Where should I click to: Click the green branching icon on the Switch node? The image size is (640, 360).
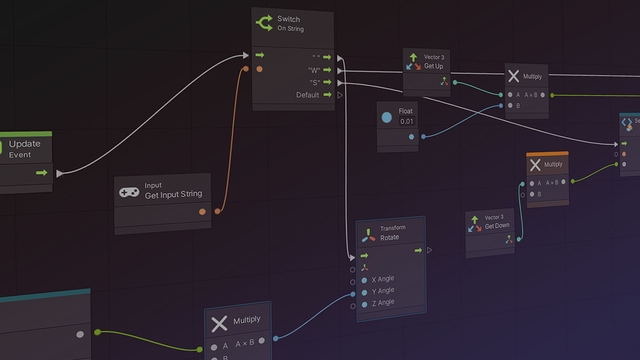point(264,22)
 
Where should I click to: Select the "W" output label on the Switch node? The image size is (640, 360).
point(314,70)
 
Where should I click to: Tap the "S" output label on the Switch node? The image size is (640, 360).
point(314,82)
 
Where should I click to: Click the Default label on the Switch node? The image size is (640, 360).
point(308,95)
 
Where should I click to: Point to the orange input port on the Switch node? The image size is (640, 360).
point(260,69)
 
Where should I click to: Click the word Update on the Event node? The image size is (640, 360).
point(24,144)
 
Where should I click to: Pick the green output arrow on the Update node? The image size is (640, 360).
point(41,172)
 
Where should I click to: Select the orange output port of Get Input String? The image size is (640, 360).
point(203,211)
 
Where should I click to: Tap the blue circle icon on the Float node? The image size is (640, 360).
point(387,117)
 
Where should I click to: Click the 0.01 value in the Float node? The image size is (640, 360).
point(405,121)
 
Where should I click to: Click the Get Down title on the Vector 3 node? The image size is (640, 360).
point(497,225)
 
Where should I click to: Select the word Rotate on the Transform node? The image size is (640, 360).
point(391,238)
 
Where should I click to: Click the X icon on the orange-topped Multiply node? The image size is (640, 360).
point(535,166)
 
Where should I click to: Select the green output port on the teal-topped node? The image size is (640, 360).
point(97,331)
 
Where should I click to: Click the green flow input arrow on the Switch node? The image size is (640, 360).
point(260,56)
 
